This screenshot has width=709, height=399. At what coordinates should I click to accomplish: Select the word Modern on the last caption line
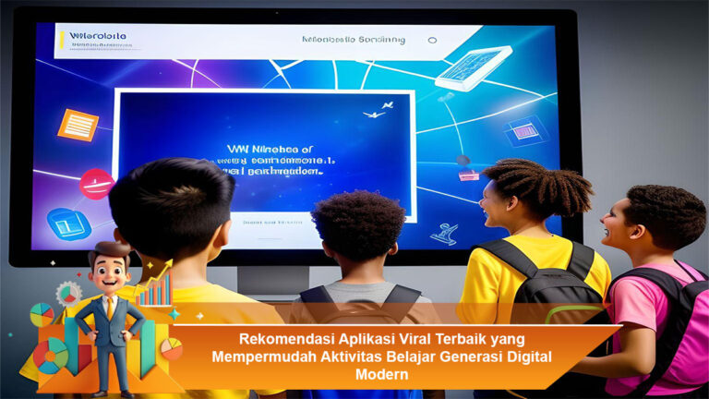point(380,375)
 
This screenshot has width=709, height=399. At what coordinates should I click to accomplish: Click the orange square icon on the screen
point(78,124)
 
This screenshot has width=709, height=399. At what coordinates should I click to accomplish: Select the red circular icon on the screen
point(96,184)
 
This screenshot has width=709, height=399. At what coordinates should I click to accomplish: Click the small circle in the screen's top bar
point(432,41)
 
